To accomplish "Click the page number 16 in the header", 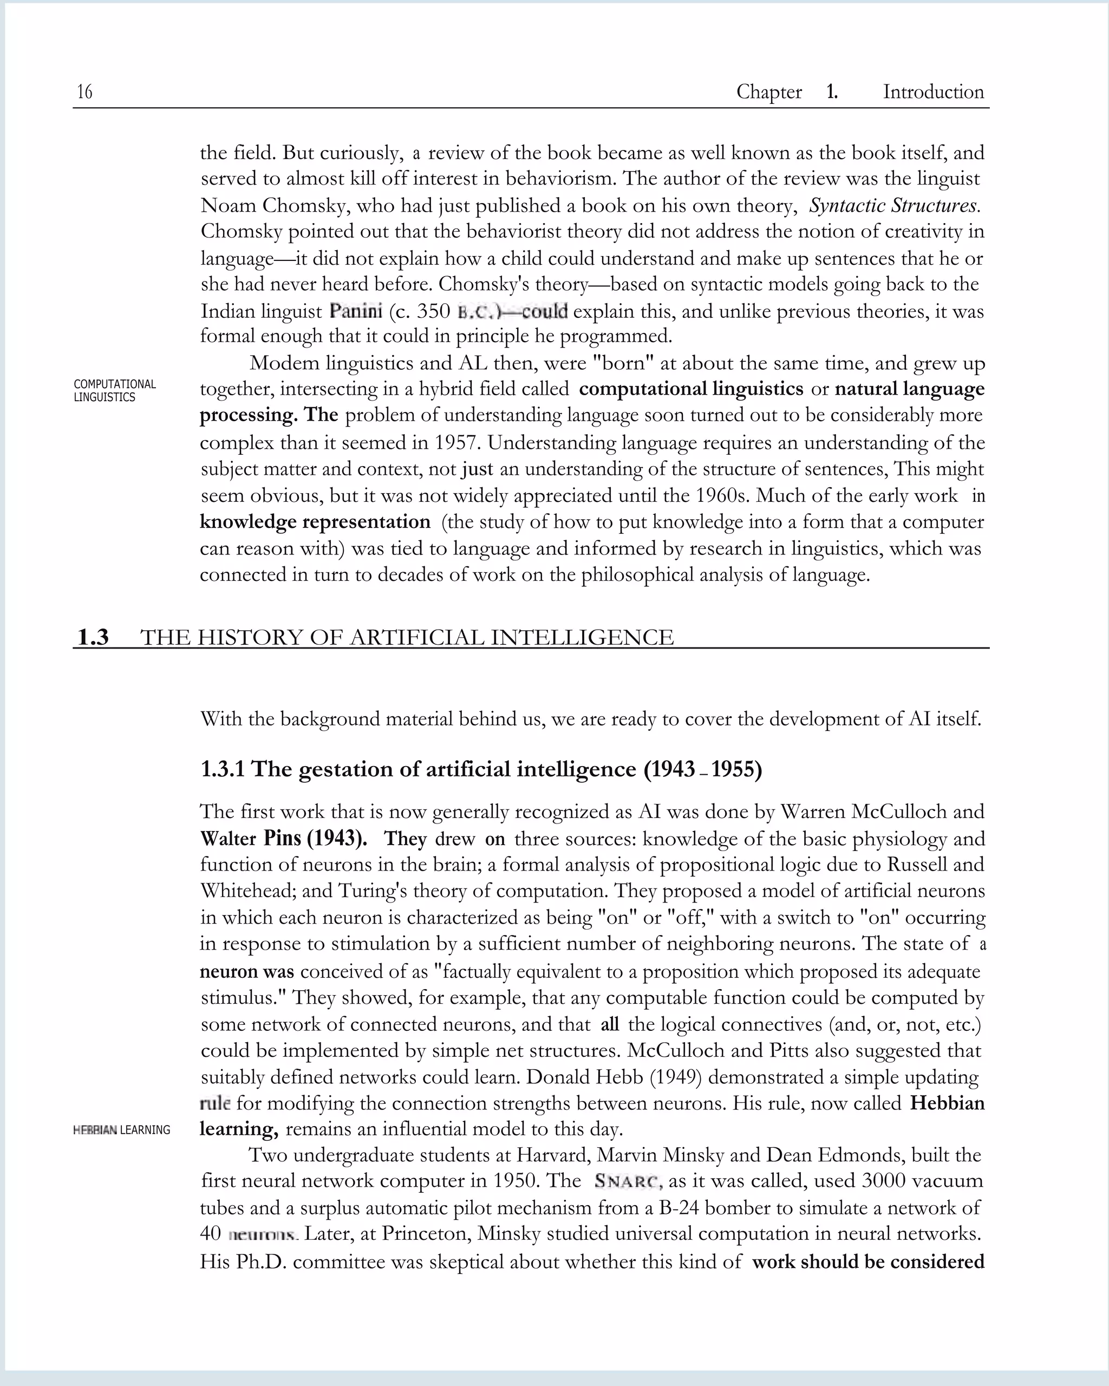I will pyautogui.click(x=85, y=92).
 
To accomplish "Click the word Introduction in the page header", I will pyautogui.click(x=933, y=92).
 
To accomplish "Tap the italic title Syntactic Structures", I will pyautogui.click(x=894, y=206).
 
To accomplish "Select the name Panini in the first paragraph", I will pyautogui.click(x=356, y=311).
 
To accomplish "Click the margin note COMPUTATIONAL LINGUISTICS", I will pyautogui.click(x=114, y=390).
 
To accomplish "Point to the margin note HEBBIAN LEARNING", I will pyautogui.click(x=121, y=1129).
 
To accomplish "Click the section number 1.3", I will pyautogui.click(x=93, y=637).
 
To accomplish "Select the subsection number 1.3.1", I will pyautogui.click(x=223, y=769).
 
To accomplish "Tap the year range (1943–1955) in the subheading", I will pyautogui.click(x=703, y=769).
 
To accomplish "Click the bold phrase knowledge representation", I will pyautogui.click(x=315, y=521).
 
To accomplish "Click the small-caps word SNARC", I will pyautogui.click(x=628, y=1181).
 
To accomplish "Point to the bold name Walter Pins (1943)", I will pyautogui.click(x=284, y=838).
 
